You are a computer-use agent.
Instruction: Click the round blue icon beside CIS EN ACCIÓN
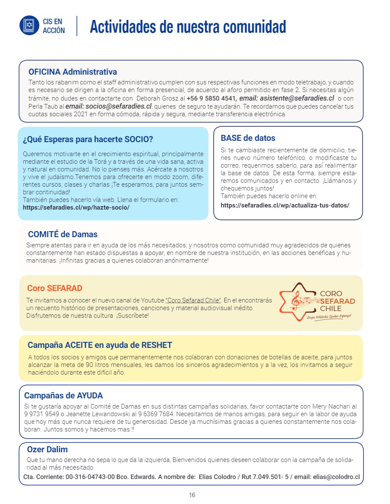coord(29,25)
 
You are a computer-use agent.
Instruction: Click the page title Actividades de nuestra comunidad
coord(188,26)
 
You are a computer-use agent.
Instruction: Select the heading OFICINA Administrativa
coord(73,72)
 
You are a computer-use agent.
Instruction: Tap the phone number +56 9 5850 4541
coord(212,98)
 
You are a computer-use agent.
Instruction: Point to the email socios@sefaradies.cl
coord(114,106)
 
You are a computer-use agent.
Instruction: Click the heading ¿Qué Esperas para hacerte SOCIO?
coord(88,139)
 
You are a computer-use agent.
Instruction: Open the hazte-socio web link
coord(76,207)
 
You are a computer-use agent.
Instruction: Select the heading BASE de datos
coord(248,138)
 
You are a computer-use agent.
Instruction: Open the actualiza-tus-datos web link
coord(285,205)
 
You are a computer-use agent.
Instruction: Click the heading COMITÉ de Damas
coord(62,234)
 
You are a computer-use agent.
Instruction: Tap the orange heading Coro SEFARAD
coord(54,288)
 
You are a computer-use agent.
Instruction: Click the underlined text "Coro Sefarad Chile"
coord(193,300)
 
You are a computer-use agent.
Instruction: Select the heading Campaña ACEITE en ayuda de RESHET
coord(100,345)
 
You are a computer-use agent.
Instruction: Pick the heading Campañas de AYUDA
coord(63,396)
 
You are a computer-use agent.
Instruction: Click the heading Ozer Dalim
coord(47,449)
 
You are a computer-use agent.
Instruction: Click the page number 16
coord(192,495)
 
